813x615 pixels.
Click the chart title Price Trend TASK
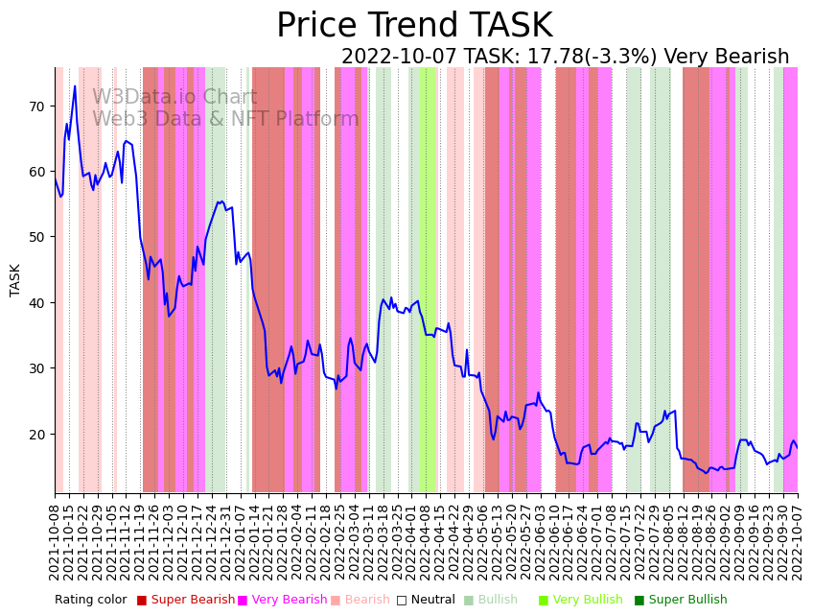(x=414, y=26)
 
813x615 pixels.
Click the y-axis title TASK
(x=15, y=279)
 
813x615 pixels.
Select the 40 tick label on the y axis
(x=37, y=302)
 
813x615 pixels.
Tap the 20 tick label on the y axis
(x=37, y=434)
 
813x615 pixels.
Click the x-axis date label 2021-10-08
(x=56, y=537)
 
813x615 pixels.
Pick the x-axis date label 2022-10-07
(x=797, y=537)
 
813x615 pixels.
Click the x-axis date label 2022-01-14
(x=254, y=537)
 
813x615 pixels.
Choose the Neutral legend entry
(x=432, y=600)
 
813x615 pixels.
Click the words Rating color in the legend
(x=90, y=600)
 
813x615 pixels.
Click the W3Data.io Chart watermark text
(x=174, y=98)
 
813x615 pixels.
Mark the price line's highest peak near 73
(x=75, y=86)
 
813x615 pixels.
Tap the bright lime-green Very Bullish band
(x=427, y=278)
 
